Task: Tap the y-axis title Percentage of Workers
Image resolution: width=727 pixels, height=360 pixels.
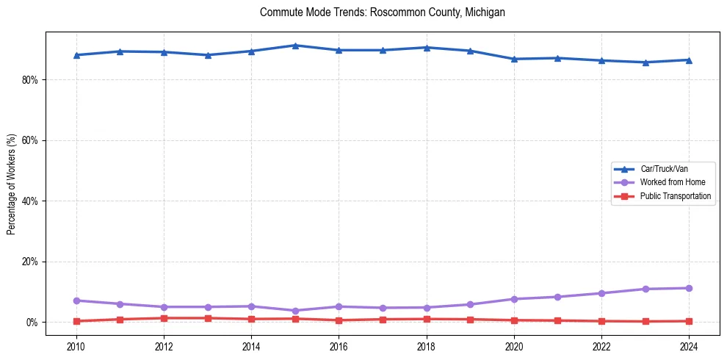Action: (x=12, y=184)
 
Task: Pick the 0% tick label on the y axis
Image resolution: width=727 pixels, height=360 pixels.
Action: (x=32, y=323)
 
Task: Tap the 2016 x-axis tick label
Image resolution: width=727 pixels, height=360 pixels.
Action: (x=339, y=344)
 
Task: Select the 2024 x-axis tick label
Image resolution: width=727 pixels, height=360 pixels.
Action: (x=689, y=344)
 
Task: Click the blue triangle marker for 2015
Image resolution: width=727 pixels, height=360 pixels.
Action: (x=295, y=46)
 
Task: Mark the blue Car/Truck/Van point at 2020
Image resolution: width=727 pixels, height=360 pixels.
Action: (x=514, y=59)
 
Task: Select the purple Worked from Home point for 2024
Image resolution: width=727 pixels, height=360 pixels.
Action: (x=689, y=288)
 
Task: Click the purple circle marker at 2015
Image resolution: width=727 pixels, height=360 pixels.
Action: (x=295, y=311)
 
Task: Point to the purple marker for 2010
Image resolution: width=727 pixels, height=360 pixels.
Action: (x=76, y=300)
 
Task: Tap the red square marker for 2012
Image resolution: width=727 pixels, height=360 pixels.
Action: (x=164, y=318)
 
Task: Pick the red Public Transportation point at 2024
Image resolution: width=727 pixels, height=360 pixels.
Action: (x=689, y=321)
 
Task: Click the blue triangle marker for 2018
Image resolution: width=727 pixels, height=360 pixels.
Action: (x=427, y=48)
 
